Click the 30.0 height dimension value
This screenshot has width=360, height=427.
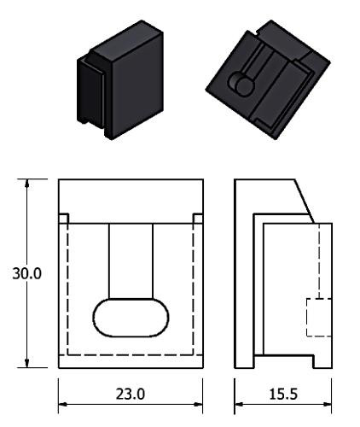(27, 273)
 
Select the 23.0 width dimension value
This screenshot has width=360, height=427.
(131, 394)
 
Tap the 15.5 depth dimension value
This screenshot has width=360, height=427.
(283, 394)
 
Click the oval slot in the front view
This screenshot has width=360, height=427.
(131, 318)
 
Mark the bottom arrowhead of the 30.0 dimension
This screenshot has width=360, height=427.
(26, 363)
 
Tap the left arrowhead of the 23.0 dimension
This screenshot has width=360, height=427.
(63, 404)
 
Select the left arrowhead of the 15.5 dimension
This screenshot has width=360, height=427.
(239, 404)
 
